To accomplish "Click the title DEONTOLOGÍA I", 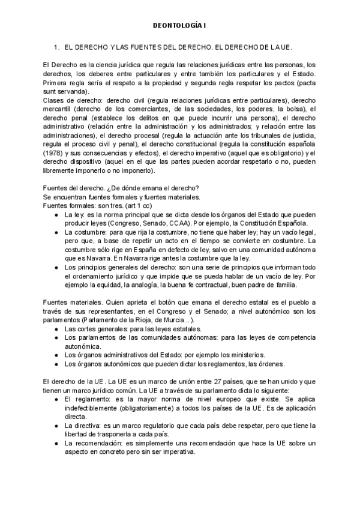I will coord(180,26).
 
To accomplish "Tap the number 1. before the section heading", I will coord(57,46).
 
